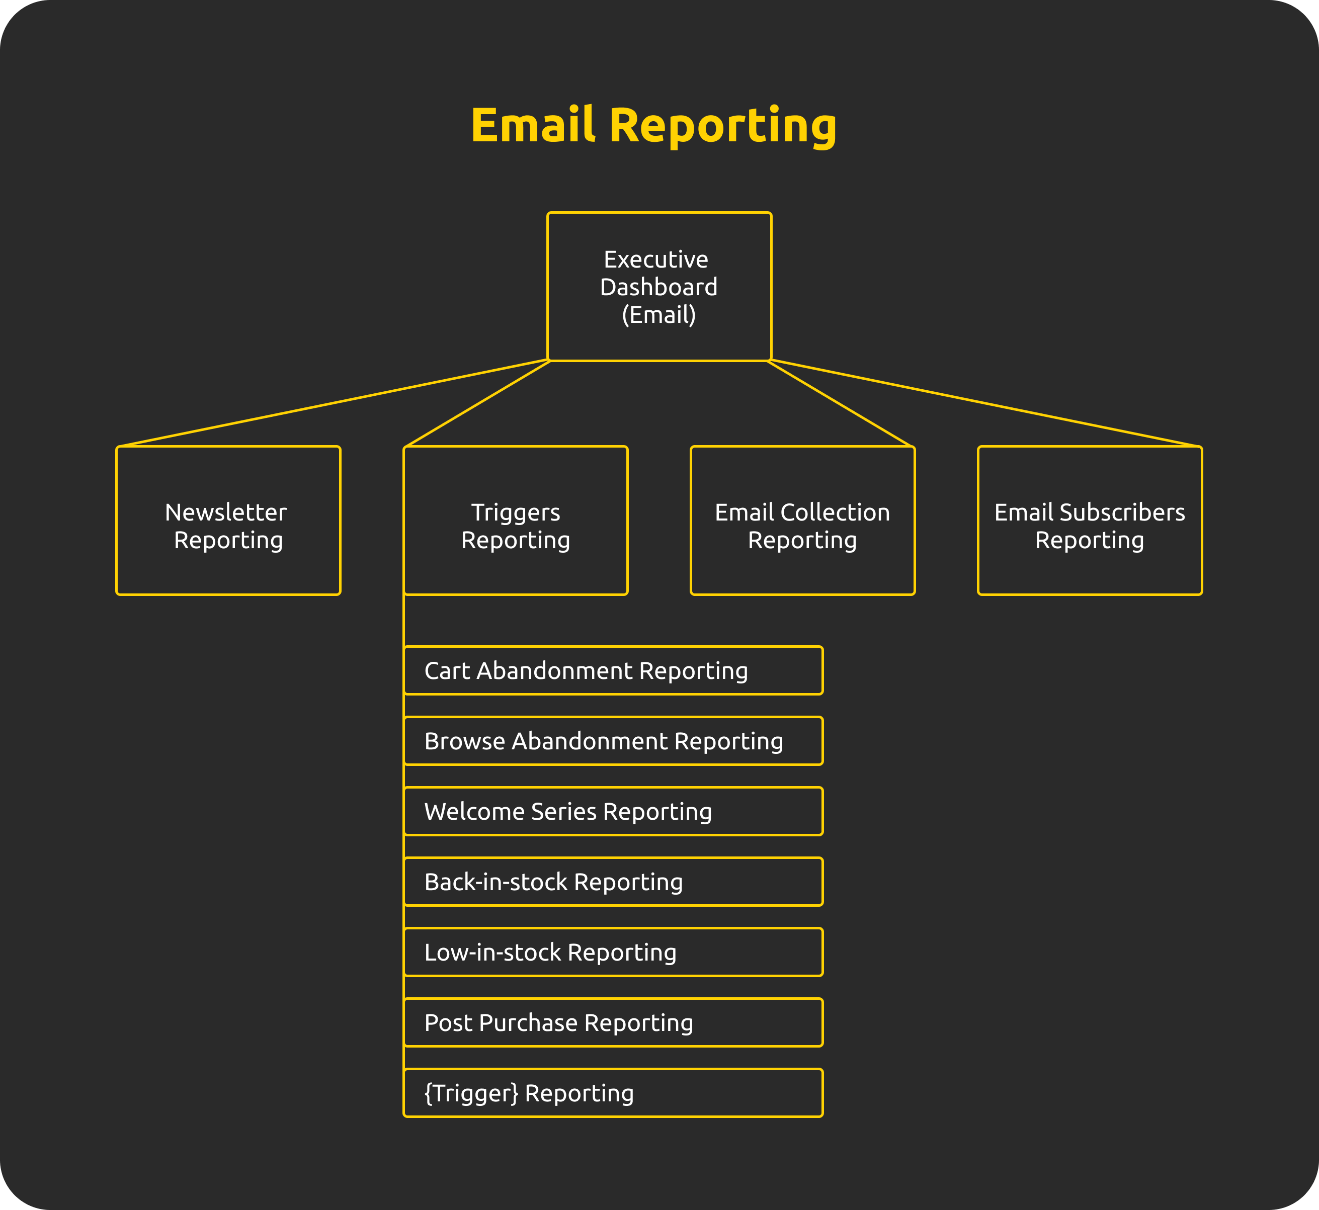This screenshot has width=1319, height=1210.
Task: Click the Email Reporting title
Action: coord(653,125)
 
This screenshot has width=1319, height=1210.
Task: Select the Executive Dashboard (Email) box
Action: coord(659,287)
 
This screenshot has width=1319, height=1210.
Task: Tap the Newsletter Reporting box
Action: coord(228,521)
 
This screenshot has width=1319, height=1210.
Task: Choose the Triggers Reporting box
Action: coord(516,521)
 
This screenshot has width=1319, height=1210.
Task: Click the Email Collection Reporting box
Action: coord(802,521)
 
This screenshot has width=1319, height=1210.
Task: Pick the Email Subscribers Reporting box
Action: coord(1089,521)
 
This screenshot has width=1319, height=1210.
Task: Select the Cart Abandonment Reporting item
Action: coord(613,670)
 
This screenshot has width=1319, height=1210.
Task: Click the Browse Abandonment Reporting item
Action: coord(613,741)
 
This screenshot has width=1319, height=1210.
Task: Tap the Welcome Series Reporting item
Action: coord(613,811)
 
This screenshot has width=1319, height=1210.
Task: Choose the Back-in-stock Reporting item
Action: coord(613,881)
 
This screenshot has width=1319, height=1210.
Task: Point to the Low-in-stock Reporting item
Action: coord(613,952)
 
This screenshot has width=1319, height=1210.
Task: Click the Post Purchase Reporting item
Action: coord(613,1022)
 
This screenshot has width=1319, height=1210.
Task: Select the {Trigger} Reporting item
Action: coord(613,1093)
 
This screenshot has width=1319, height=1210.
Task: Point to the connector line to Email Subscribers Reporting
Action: coord(985,403)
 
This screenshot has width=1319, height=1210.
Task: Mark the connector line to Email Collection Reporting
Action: coord(840,403)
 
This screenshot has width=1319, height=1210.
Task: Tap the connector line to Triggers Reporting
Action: coord(478,403)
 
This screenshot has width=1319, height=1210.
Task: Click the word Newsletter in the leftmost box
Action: coord(226,512)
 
